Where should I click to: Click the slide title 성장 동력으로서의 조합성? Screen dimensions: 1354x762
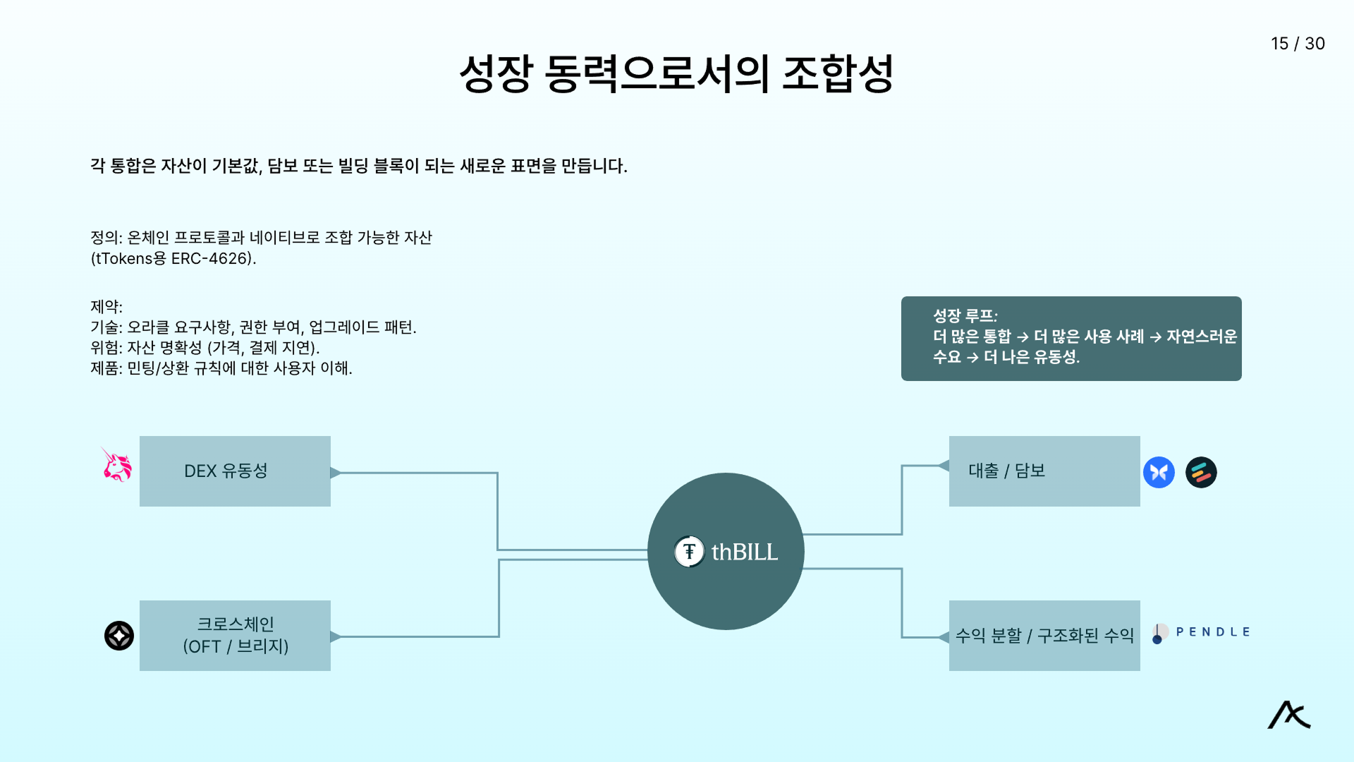click(x=676, y=73)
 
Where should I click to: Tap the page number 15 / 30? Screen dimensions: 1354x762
click(x=1298, y=44)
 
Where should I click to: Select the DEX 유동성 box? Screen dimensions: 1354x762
click(x=235, y=471)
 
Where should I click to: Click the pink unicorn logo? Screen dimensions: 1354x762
click(x=117, y=465)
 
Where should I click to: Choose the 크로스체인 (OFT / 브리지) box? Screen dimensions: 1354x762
click(x=235, y=635)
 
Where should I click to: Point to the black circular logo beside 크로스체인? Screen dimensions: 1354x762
click(x=119, y=636)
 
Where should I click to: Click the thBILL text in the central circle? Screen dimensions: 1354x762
click(x=745, y=552)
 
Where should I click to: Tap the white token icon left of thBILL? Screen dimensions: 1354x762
click(x=689, y=552)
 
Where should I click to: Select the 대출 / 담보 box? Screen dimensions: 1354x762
click(x=1044, y=471)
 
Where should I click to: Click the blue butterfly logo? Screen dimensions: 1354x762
click(x=1159, y=472)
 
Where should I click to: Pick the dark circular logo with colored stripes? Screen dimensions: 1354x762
click(x=1201, y=472)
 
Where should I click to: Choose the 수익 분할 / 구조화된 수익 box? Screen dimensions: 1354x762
click(x=1044, y=635)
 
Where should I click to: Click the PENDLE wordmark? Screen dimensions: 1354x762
click(x=1213, y=632)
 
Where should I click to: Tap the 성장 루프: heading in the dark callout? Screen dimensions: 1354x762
click(x=965, y=315)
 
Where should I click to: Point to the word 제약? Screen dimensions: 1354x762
click(x=106, y=307)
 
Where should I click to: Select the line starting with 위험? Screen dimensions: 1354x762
click(x=205, y=348)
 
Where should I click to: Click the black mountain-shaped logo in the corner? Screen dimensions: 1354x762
click(x=1289, y=715)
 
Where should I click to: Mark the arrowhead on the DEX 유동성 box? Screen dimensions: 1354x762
click(x=336, y=473)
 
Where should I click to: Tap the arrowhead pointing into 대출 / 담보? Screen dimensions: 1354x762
click(x=944, y=466)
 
